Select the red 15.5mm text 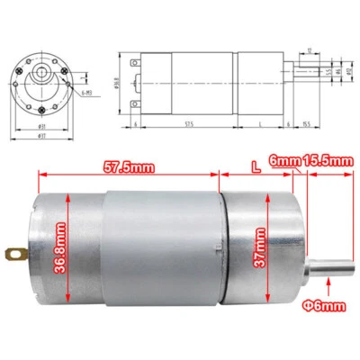point(327,161)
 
